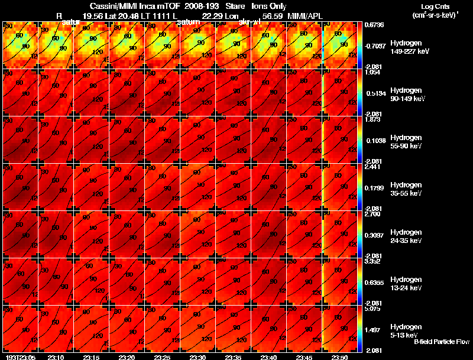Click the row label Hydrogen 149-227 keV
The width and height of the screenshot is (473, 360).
406,47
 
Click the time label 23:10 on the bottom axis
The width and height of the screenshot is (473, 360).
56,357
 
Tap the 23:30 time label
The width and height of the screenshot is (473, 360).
198,357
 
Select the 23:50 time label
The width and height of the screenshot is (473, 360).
340,357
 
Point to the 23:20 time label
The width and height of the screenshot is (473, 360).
127,357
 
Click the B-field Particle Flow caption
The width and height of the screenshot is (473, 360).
442,342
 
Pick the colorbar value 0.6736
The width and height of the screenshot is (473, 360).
374,25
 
